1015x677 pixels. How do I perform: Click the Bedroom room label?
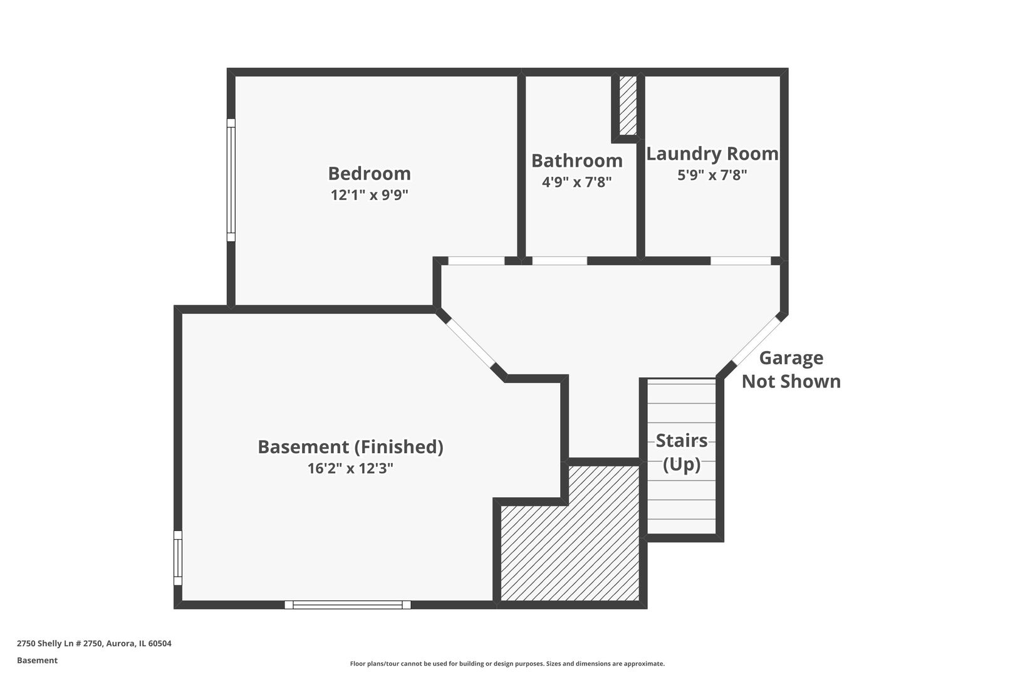(369, 174)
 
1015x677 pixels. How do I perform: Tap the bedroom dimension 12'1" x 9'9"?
(369, 195)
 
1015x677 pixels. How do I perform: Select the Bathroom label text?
(576, 161)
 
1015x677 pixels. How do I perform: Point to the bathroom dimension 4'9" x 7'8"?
(576, 182)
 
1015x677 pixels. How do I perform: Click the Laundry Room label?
(712, 154)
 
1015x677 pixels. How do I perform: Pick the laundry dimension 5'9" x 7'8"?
(712, 175)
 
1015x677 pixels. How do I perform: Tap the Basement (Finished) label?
(350, 447)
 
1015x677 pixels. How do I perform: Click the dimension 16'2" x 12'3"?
(350, 468)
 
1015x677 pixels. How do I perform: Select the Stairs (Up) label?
(681, 452)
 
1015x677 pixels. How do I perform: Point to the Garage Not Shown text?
(791, 370)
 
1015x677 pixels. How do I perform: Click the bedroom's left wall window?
(231, 180)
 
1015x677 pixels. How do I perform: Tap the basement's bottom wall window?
(348, 605)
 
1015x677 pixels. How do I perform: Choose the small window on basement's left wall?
(178, 558)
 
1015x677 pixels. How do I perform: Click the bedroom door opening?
(476, 261)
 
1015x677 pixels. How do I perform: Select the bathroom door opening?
(560, 261)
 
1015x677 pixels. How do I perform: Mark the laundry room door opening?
(740, 261)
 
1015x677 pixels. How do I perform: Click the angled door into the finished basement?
(470, 343)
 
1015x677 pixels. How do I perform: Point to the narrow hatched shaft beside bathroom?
(627, 105)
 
